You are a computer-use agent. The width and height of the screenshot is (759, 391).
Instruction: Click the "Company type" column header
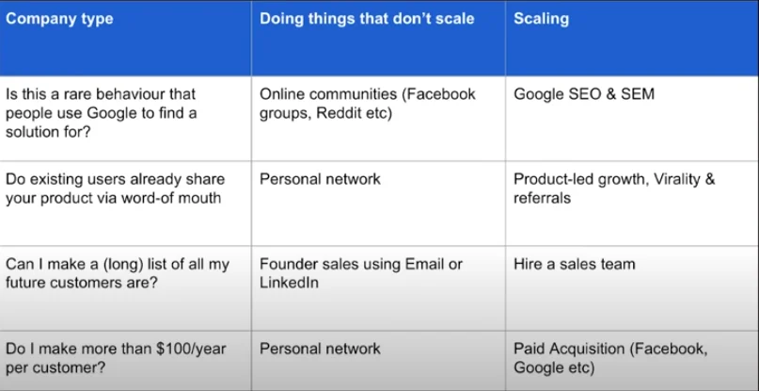(x=59, y=19)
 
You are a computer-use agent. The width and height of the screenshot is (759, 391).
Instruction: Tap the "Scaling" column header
(x=542, y=19)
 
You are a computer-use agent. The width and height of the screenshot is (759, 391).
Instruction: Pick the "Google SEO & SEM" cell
(x=583, y=94)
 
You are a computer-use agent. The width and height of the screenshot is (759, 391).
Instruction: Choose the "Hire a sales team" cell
(x=574, y=264)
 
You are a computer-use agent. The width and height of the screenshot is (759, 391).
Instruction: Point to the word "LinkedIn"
(x=289, y=283)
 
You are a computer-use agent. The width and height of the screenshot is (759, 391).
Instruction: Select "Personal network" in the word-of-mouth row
(x=320, y=179)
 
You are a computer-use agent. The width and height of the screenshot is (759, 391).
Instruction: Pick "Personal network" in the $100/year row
(x=320, y=349)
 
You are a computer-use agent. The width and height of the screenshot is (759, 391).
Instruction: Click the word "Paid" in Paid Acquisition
(x=530, y=349)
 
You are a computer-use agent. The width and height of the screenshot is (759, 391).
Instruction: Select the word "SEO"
(x=584, y=94)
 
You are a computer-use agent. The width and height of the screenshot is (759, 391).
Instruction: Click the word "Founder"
(x=288, y=264)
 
